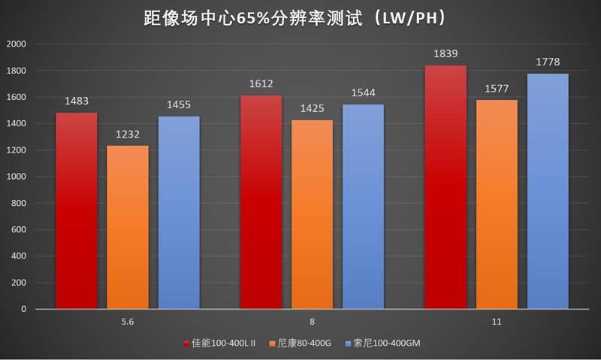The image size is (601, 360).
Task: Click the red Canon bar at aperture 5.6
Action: pos(77,210)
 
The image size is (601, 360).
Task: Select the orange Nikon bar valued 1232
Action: pos(128,227)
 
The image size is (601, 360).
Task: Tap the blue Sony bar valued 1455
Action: pos(179,212)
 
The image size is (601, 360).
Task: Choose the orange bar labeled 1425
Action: pos(312,214)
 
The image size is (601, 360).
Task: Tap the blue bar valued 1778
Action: pos(548,191)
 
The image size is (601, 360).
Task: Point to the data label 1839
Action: pos(445,54)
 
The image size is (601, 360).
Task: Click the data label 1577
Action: pos(497,89)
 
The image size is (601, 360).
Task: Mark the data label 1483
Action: pos(77,101)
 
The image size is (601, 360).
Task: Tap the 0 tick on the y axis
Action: pos(23,309)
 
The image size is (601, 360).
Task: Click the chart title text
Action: pos(300,17)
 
